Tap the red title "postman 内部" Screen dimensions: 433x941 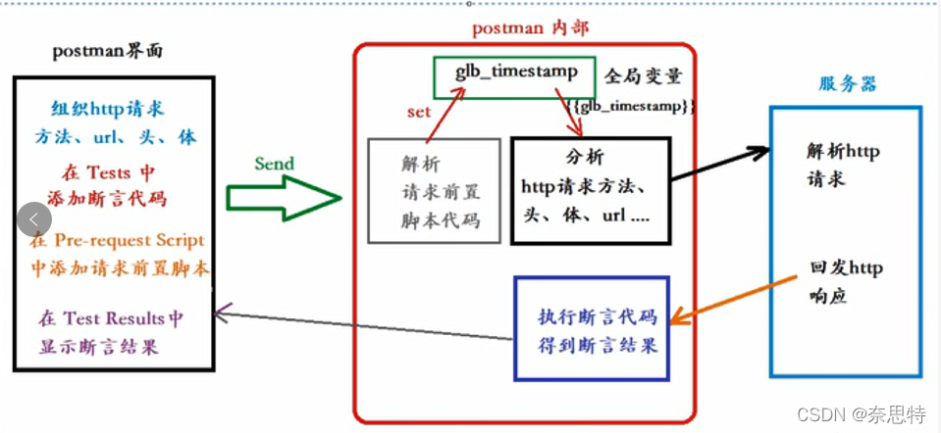tap(530, 27)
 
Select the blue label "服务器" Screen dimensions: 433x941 tap(848, 84)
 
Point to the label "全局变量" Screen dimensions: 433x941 tap(643, 76)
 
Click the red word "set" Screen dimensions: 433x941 tap(419, 111)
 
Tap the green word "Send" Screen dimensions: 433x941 tap(274, 163)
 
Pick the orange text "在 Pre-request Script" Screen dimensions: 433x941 tap(118, 240)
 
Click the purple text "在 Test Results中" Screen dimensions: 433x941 tap(111, 318)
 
